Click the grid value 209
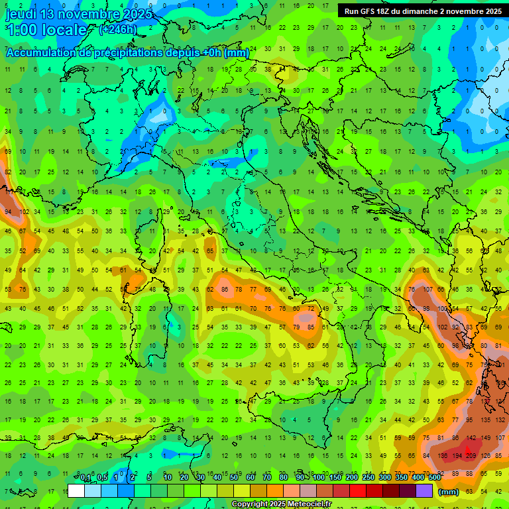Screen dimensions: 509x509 point(471,456)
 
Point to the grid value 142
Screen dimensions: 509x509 point(471,438)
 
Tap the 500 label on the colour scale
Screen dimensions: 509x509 point(434,478)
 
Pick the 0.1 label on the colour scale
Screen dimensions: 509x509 point(85,478)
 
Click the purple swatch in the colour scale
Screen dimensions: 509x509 point(424,490)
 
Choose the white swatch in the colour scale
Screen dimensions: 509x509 point(76,490)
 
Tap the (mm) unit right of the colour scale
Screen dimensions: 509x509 point(448,492)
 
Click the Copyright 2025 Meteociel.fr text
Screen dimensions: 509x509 point(281,504)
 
